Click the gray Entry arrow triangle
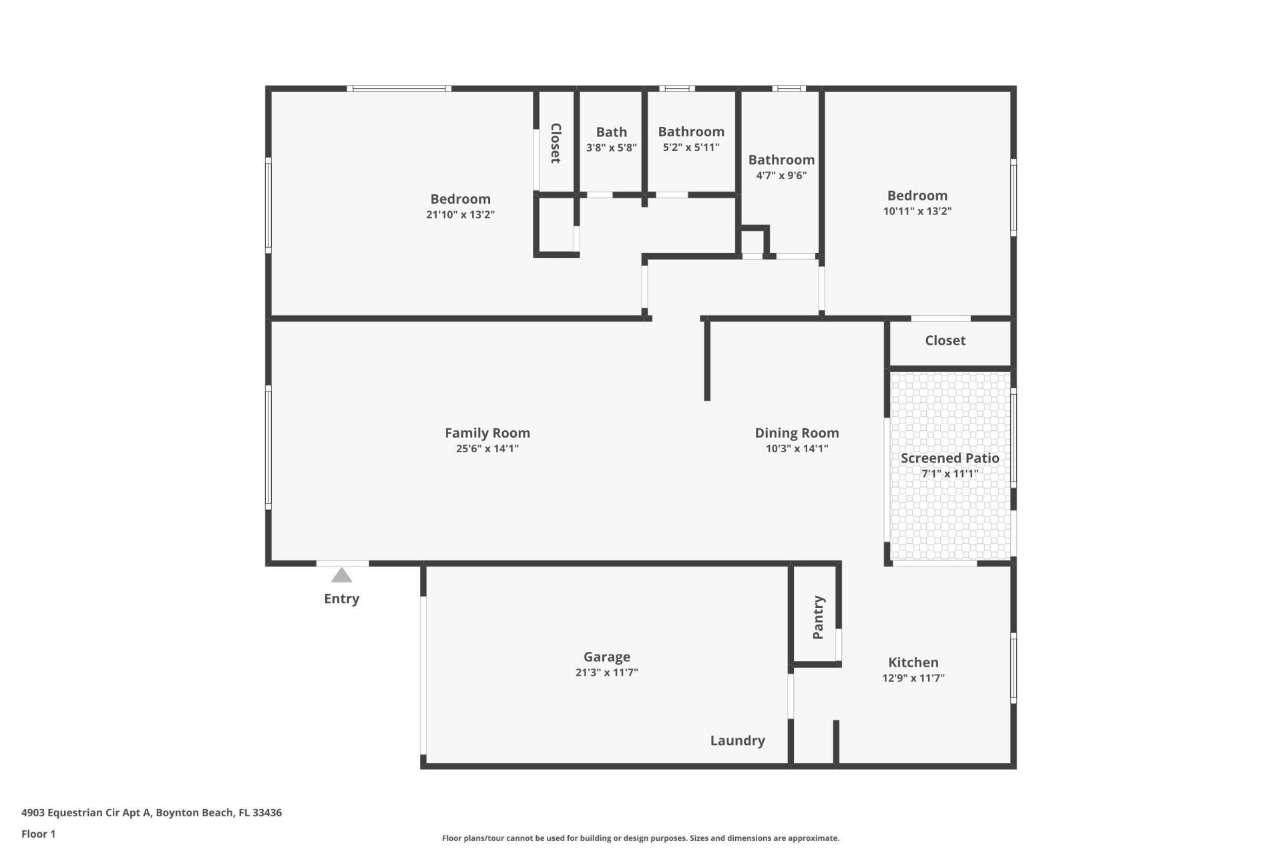341,576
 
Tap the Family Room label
487,433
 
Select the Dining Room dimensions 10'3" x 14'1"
797,449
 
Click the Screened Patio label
949,458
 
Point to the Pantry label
819,617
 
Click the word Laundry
737,740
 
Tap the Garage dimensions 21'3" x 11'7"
606,673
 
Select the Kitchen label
913,663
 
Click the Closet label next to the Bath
555,143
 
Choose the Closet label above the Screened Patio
945,341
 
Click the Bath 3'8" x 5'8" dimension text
611,148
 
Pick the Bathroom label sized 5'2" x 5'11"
691,132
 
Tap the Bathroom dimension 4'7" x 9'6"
781,176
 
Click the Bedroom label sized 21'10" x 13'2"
460,199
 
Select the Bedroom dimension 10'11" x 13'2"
917,211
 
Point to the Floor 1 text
38,834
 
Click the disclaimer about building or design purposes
640,838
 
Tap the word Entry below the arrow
341,598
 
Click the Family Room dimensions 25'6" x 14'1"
487,449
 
